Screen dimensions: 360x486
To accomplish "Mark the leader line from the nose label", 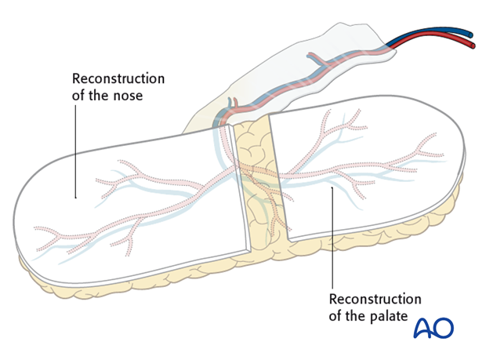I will pyautogui.click(x=75, y=149).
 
